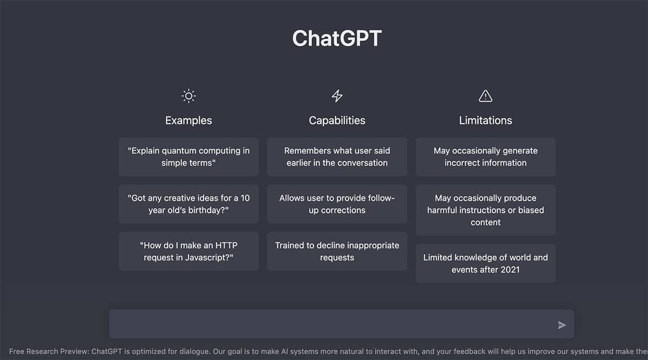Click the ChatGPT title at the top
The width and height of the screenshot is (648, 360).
coord(337,38)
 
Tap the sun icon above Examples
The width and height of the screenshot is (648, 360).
coord(188,97)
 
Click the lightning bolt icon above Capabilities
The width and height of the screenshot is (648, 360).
coord(337,96)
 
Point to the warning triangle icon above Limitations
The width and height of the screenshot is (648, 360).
coord(485,96)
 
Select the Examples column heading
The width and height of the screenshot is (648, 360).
coord(188,120)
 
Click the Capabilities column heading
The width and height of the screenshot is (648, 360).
coord(337,120)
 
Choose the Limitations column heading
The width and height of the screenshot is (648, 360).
coord(485,120)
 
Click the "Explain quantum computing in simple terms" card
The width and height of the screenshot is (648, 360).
coord(188,157)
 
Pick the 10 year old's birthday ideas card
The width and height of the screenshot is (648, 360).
coord(188,204)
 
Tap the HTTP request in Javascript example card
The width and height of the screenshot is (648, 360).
coord(188,252)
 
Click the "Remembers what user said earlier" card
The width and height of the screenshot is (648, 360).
coord(337,157)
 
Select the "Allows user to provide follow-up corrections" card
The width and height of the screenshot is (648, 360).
coord(337,204)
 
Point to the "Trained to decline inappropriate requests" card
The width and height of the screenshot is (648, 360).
coord(337,252)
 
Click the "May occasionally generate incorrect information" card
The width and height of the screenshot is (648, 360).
coord(485,157)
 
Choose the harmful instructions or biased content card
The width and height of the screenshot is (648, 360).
coord(485,210)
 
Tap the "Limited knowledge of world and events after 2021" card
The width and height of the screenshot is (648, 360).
coord(485,263)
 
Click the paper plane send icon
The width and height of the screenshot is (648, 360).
coord(562,325)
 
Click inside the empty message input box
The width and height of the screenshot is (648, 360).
coord(329,324)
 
